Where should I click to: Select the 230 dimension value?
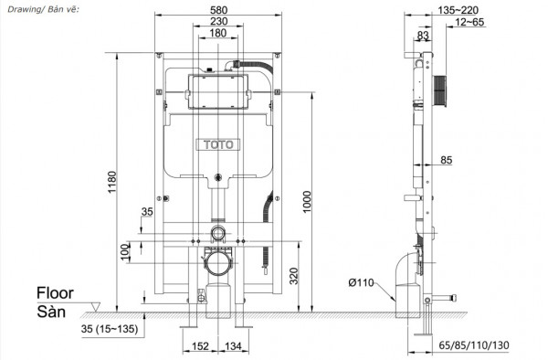pyautogui.click(x=217, y=23)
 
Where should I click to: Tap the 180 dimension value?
pyautogui.click(x=217, y=34)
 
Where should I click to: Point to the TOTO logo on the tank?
pyautogui.click(x=217, y=143)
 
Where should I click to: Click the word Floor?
pyautogui.click(x=55, y=293)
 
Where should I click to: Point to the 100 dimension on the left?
pyautogui.click(x=125, y=250)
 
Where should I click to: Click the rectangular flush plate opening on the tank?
pyautogui.click(x=216, y=94)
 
